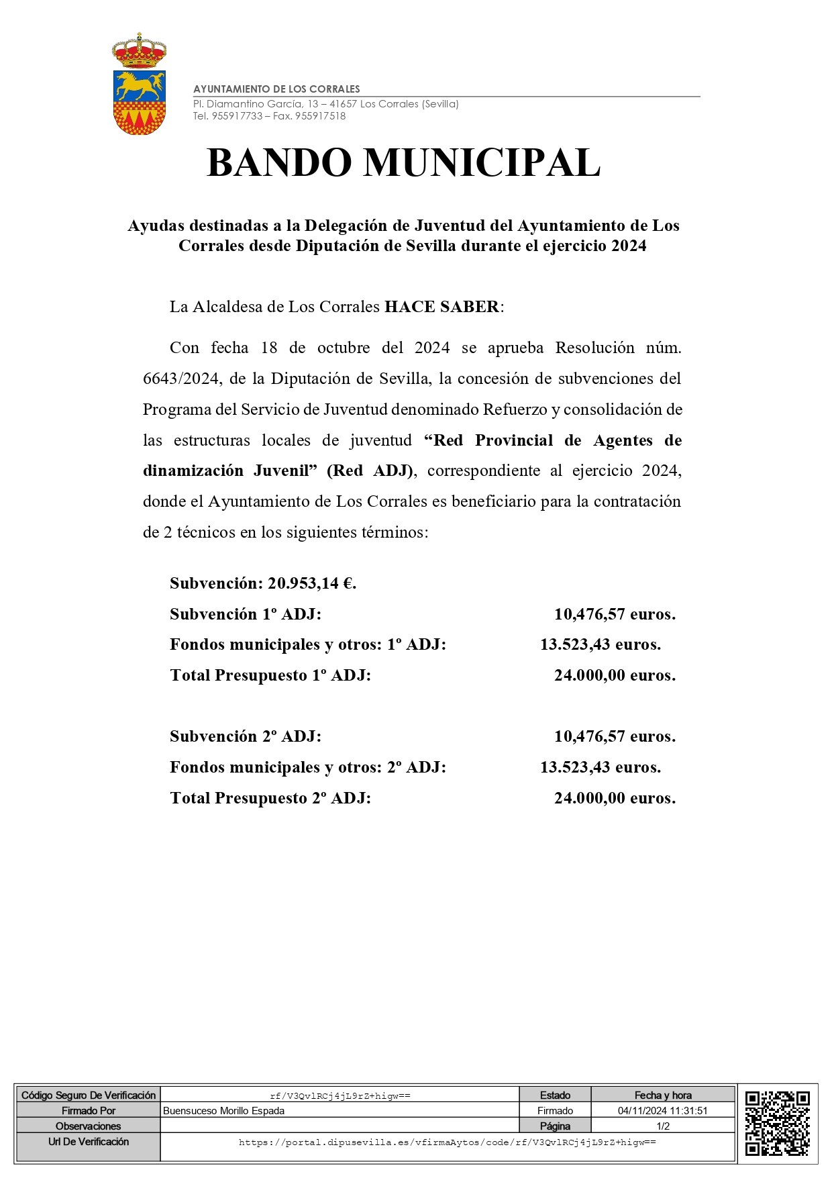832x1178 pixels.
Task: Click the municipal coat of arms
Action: pos(139,85)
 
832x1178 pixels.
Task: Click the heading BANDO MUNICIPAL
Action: pos(403,163)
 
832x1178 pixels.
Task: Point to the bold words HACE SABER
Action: pos(441,307)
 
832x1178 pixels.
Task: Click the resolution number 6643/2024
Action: pos(180,379)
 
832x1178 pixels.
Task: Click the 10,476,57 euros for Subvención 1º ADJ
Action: pos(614,614)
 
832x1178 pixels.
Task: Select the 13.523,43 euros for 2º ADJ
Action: pos(600,767)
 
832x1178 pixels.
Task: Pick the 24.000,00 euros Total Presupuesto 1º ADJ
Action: pos(614,675)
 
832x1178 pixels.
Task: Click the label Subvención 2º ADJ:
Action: pos(246,736)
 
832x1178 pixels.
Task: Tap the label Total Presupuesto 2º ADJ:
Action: pos(270,798)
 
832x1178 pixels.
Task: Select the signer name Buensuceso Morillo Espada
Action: pos(224,1111)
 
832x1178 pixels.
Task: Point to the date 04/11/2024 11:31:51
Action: pos(662,1111)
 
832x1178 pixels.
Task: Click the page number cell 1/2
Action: pos(662,1126)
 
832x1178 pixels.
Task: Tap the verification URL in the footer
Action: pos(447,1142)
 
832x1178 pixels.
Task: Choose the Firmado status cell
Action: pos(555,1111)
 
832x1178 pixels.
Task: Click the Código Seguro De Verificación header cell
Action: pos(89,1095)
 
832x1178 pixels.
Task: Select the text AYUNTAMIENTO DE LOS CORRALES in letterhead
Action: pos(276,89)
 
